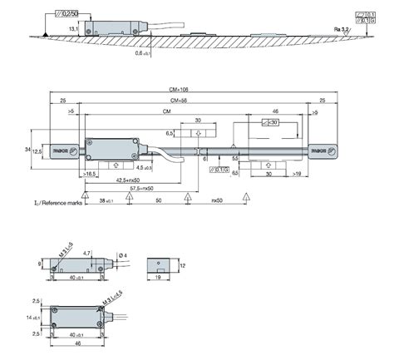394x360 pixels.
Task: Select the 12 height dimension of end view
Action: pyautogui.click(x=182, y=264)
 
